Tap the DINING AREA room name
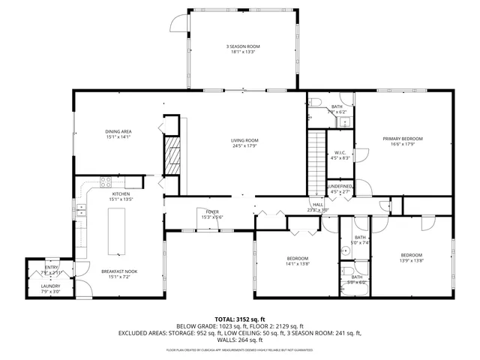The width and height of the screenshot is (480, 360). click(x=118, y=132)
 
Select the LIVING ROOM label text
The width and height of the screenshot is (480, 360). click(x=244, y=140)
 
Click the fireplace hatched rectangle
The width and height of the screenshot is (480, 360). click(x=172, y=156)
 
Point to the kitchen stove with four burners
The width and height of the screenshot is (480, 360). click(x=106, y=181)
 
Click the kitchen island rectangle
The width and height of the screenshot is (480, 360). click(x=118, y=232)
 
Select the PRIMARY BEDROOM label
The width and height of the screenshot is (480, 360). click(x=403, y=139)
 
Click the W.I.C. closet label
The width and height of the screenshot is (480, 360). click(x=340, y=153)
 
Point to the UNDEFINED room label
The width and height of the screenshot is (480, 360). click(x=340, y=186)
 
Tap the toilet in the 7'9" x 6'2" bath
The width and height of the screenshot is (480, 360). click(x=316, y=102)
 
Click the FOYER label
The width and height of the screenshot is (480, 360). click(x=213, y=212)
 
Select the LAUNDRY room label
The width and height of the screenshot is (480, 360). click(x=50, y=286)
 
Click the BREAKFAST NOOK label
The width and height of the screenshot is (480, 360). click(x=118, y=271)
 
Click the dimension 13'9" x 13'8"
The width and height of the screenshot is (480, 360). click(x=412, y=259)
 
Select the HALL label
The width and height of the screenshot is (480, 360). click(x=318, y=205)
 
